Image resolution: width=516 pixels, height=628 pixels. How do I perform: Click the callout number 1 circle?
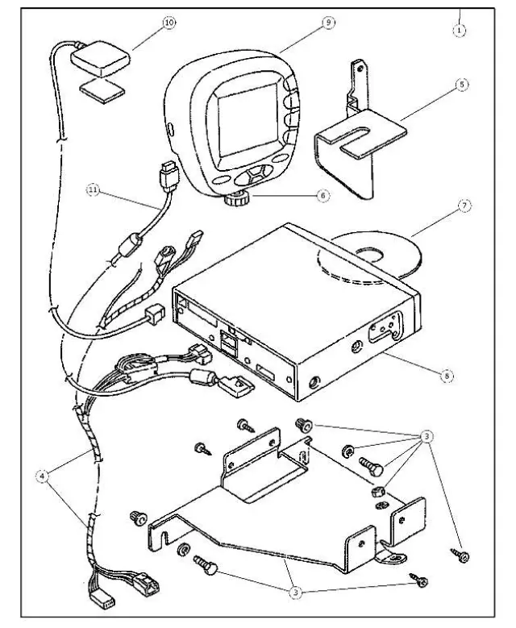tap(460, 30)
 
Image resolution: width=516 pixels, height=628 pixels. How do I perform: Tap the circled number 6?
tap(322, 195)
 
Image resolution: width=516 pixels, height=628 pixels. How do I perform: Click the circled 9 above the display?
tap(329, 23)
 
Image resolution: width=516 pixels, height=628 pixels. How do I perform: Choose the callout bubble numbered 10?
tap(168, 23)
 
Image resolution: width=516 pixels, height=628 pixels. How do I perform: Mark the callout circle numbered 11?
tap(95, 191)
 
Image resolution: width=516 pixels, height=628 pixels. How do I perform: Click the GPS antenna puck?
tap(98, 56)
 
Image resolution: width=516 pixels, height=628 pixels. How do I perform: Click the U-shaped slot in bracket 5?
tap(355, 146)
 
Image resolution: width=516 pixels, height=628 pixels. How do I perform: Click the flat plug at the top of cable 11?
tap(169, 173)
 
